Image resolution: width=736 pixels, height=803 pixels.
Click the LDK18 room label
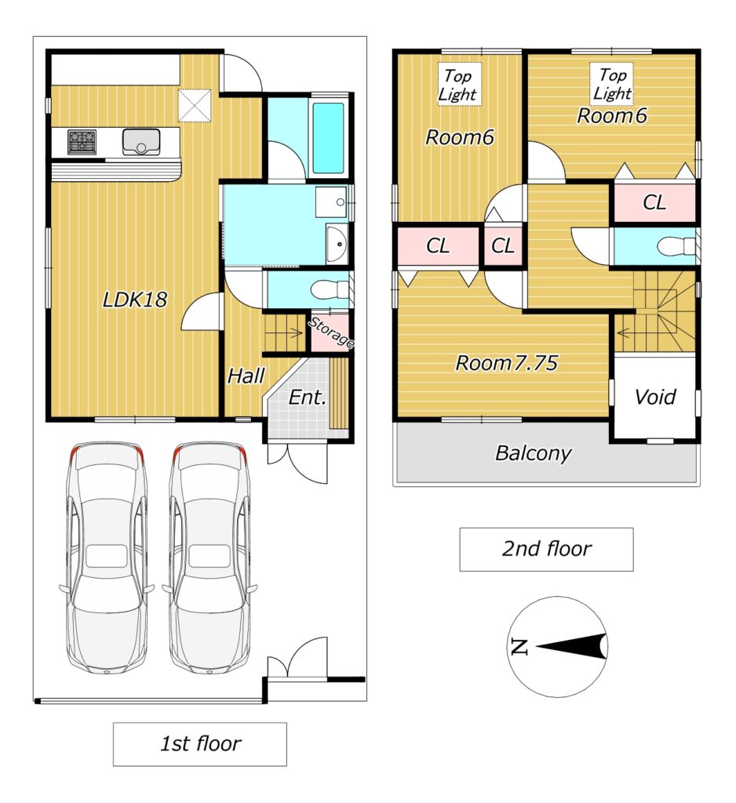coord(135,300)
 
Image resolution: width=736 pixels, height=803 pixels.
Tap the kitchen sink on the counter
coord(141,141)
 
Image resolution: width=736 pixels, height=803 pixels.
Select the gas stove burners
coord(82,142)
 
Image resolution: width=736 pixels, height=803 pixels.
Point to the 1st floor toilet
coord(329,290)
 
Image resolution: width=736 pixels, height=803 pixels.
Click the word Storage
coord(331,332)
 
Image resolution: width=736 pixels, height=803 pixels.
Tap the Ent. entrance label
coord(308,398)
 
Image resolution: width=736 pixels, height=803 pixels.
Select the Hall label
coord(246,376)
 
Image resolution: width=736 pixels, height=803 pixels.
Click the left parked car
coord(107,558)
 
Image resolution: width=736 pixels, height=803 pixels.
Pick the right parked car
coord(210,558)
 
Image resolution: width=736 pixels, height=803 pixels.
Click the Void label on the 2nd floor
coord(655,397)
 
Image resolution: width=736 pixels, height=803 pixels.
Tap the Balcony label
coord(533,453)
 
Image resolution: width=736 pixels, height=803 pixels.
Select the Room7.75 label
coord(506,363)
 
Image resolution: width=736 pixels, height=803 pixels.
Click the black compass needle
coord(571,647)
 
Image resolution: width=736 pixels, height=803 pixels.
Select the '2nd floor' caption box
coord(546,549)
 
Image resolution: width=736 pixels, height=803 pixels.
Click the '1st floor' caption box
coord(200,744)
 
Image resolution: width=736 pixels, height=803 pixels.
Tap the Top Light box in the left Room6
coord(459,85)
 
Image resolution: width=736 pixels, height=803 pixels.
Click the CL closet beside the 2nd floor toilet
coord(654,202)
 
